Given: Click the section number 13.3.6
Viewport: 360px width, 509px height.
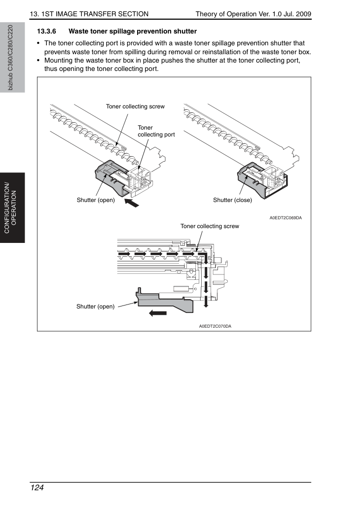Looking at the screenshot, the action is (x=46, y=32).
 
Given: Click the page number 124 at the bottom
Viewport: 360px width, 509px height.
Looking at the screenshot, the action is (x=36, y=488).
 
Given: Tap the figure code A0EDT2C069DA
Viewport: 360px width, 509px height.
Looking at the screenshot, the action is (x=286, y=218).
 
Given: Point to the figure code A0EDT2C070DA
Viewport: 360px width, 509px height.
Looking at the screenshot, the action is (x=215, y=326).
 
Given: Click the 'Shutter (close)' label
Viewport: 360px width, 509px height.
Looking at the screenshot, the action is (x=232, y=200).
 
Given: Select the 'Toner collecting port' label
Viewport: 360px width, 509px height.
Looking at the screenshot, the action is (x=156, y=131).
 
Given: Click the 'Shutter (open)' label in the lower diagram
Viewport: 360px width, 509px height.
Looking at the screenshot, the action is (x=95, y=306).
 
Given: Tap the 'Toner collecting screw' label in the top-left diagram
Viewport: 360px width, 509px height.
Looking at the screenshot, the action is (x=135, y=106).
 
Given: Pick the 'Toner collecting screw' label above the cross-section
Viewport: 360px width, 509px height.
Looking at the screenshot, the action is (x=210, y=226).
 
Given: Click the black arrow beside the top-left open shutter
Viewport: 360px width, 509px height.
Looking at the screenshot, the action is (x=132, y=203).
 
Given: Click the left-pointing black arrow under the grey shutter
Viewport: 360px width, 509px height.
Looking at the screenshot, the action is (x=158, y=313).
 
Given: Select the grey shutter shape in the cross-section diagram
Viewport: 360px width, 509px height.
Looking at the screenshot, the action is (x=166, y=302).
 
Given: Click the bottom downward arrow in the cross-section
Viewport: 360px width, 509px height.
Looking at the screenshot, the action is (x=206, y=302).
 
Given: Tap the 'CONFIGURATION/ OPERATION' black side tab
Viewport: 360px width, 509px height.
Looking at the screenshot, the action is (x=12, y=208).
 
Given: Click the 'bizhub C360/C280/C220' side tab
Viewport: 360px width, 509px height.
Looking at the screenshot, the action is (x=11, y=58).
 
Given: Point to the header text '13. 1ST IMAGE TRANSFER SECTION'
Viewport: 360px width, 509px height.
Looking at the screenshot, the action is (x=89, y=14).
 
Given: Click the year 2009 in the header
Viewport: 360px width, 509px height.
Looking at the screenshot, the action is (x=303, y=14).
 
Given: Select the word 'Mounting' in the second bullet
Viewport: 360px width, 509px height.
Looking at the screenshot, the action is (x=58, y=61).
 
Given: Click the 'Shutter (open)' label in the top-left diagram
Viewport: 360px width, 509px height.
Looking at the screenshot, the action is (x=96, y=200).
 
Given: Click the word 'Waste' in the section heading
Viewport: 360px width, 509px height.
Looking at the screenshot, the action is (x=78, y=32).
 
